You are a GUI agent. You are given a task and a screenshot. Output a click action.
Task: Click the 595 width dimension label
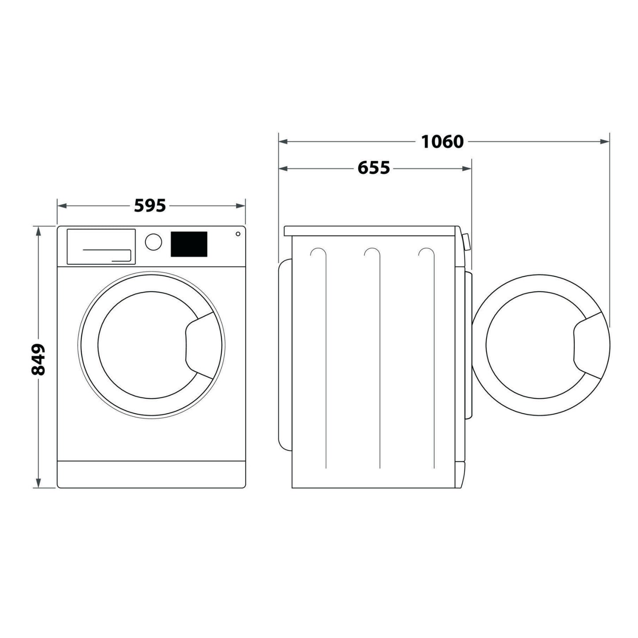pos(150,206)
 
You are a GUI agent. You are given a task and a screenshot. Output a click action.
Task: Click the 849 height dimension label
pos(38,359)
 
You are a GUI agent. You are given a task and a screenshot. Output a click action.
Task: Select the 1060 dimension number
pos(442,142)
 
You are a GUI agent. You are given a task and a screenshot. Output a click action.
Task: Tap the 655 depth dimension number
pos(374,168)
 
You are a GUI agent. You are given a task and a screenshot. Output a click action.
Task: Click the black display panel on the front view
pos(189,244)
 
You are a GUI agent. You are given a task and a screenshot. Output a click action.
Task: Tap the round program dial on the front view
pos(153,242)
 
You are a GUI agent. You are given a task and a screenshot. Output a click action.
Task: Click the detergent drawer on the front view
pos(101,247)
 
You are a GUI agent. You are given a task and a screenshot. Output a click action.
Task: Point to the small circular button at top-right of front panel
pos(238,234)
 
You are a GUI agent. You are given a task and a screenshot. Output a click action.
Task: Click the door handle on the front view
pos(200,345)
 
